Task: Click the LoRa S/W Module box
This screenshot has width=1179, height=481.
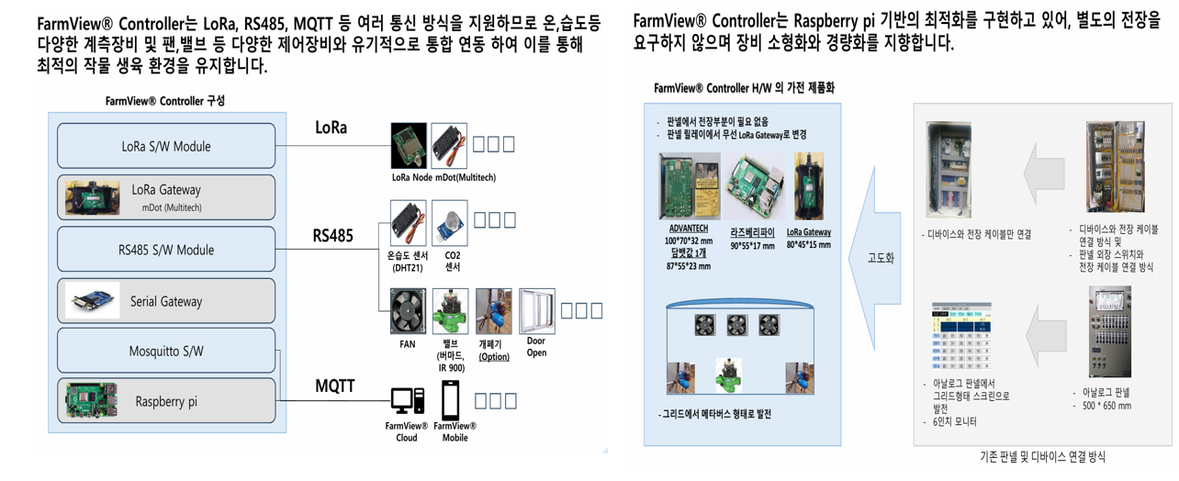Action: pos(166,146)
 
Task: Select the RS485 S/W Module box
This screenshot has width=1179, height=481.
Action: pos(166,250)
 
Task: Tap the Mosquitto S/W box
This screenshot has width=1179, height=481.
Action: pos(166,351)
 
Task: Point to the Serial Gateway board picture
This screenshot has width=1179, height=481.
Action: pos(93,301)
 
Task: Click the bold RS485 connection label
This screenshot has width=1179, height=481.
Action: pos(332,236)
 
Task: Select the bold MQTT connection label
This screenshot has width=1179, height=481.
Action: pos(335,386)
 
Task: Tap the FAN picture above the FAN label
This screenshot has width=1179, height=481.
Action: pos(407,312)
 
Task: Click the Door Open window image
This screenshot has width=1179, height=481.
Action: pos(537,312)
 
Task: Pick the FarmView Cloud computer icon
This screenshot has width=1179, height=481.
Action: pos(407,401)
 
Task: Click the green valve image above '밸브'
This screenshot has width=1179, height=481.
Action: pos(451,313)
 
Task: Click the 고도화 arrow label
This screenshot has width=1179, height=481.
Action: pos(881,258)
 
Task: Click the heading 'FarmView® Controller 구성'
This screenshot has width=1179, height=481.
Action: pos(164,101)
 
